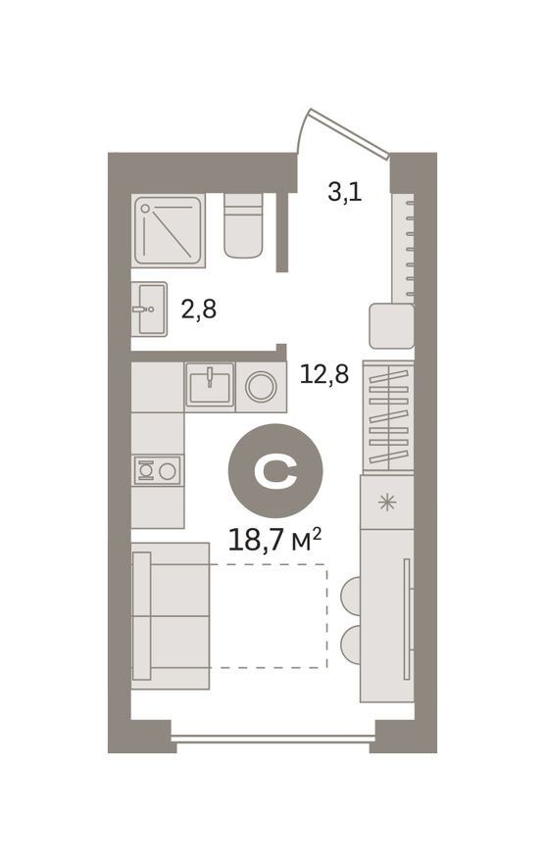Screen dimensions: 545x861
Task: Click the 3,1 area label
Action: [344, 193]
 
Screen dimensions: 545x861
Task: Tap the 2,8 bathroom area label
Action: [199, 310]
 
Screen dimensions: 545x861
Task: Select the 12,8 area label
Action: [324, 374]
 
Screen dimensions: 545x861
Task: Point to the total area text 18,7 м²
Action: [274, 541]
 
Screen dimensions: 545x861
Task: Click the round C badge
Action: [275, 470]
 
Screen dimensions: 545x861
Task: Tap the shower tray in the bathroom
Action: [169, 230]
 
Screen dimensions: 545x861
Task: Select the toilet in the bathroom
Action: [243, 225]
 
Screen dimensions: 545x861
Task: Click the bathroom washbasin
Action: [149, 310]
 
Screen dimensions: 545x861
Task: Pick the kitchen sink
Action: [210, 384]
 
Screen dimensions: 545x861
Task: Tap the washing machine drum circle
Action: [261, 387]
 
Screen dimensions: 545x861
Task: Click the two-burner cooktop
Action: [157, 470]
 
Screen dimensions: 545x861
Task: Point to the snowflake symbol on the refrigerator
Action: [387, 502]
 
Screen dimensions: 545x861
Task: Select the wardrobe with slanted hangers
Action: [388, 416]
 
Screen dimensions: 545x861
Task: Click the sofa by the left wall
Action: [171, 615]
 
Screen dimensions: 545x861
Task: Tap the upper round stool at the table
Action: [351, 596]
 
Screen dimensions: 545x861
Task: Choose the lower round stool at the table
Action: [351, 646]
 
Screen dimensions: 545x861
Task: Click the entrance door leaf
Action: [349, 133]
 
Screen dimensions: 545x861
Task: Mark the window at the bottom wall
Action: [273, 739]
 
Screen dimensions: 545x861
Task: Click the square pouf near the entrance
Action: [391, 326]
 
